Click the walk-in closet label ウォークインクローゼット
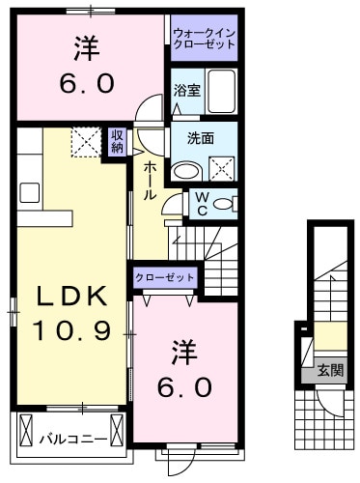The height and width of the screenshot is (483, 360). [x=204, y=40]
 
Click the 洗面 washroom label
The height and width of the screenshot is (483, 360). [x=186, y=136]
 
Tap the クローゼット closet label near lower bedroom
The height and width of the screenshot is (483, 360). [x=165, y=277]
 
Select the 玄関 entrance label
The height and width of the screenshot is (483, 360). [x=329, y=370]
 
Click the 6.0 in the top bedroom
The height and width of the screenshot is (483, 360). [x=87, y=83]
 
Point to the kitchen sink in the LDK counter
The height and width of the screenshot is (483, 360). [x=26, y=190]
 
